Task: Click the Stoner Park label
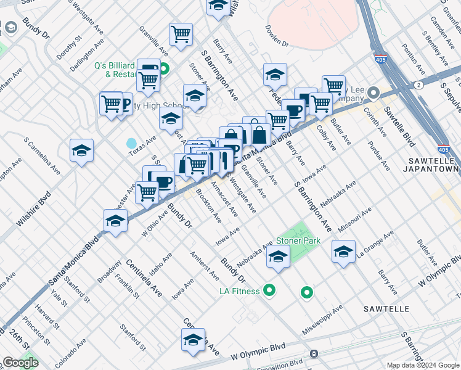(298, 240)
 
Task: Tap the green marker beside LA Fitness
(269, 289)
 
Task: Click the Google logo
(20, 363)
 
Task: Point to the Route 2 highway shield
(419, 84)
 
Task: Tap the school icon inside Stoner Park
(278, 257)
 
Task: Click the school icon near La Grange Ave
(343, 251)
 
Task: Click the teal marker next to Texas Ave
(131, 144)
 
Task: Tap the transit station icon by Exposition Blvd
(314, 354)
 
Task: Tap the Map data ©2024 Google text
(423, 365)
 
